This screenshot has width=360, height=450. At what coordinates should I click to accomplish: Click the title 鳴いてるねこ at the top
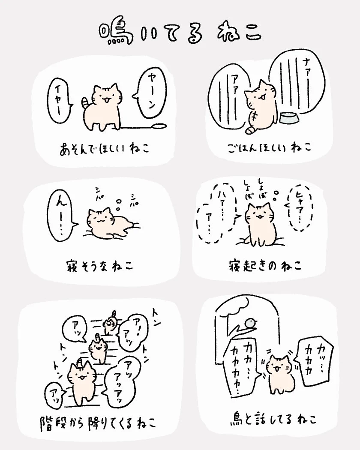pos(180,33)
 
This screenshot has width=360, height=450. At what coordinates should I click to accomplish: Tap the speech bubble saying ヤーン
pos(150,93)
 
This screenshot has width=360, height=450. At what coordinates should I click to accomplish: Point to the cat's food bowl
pos(289,118)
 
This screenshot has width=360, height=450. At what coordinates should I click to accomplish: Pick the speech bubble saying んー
pos(61,216)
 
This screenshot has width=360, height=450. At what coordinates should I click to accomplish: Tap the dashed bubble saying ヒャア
pos(299,207)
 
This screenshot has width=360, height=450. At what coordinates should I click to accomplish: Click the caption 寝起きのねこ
pos(265,265)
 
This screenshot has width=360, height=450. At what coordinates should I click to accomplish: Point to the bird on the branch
pos(250,323)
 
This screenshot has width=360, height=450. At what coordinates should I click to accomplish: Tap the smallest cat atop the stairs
pos(109,323)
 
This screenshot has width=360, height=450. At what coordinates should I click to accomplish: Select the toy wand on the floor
pos(144,126)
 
